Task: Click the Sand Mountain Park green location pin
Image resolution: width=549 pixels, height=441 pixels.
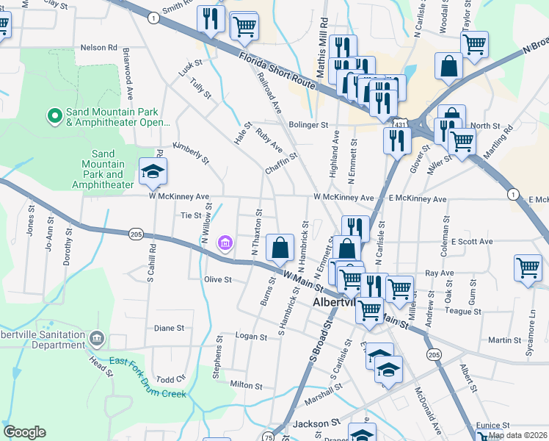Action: click(53, 116)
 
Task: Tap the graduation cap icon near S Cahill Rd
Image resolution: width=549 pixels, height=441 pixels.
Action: click(153, 173)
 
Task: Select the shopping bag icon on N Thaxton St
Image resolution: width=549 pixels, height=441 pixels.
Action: click(280, 248)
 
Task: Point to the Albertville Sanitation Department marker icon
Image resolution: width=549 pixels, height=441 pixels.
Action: click(96, 339)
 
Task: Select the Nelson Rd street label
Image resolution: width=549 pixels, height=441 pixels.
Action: click(98, 48)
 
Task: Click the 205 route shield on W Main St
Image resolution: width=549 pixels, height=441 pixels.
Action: click(135, 234)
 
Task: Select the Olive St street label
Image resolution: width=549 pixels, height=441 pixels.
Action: click(217, 279)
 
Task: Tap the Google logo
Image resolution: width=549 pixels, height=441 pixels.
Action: click(24, 432)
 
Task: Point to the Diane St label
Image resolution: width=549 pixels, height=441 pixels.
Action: click(168, 328)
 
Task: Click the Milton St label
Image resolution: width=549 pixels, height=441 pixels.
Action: click(246, 385)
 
